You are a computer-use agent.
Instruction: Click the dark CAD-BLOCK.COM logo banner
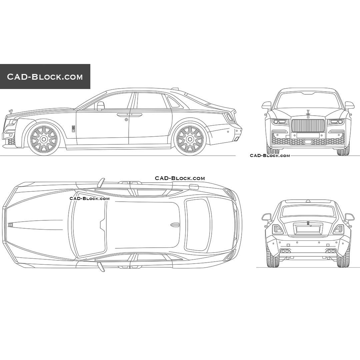pos(45,76)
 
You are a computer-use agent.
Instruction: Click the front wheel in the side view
pos(44,139)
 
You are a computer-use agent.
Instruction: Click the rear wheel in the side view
pos(190,139)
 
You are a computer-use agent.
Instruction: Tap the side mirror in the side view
pos(101,106)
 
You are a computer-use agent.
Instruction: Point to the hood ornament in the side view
pos(11,112)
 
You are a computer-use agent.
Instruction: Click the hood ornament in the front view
pos(308,113)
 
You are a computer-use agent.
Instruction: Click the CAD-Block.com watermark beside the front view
pos(270,155)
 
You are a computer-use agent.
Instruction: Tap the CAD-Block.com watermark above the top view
pos(180,178)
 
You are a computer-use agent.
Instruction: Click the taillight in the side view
pos(229,118)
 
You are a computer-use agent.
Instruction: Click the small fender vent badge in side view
pos(73,129)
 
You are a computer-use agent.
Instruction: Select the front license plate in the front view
pos(308,136)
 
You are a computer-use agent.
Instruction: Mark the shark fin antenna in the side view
pos(175,89)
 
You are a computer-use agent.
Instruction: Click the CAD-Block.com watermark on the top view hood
pos(90,199)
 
